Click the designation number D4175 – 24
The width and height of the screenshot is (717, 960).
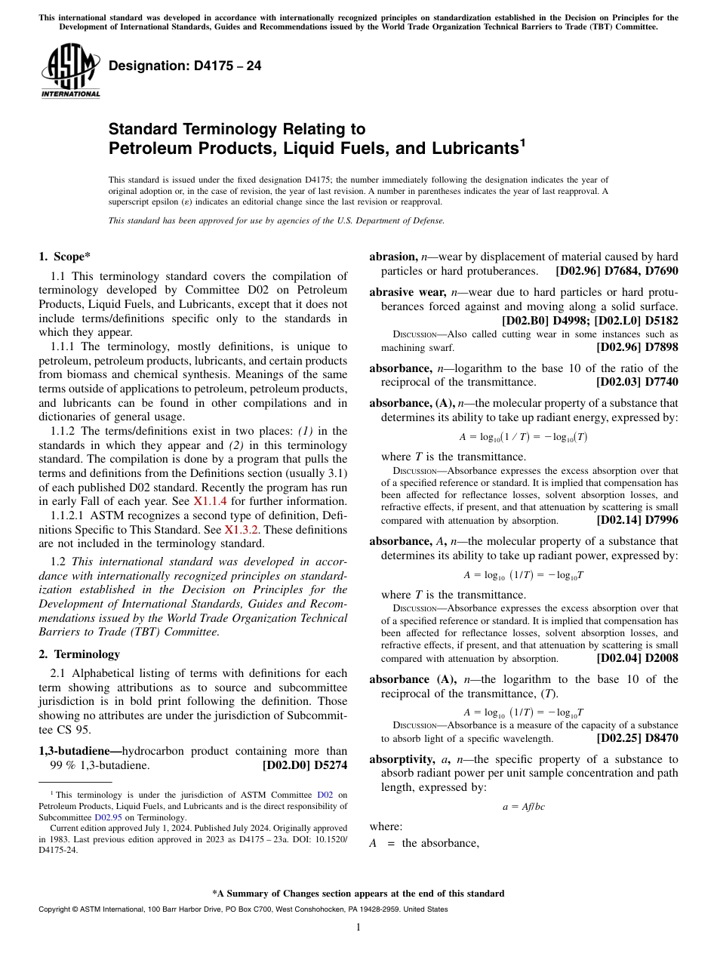coord(185,66)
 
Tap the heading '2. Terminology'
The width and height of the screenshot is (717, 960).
coord(79,654)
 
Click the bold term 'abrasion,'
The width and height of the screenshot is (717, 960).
coord(392,257)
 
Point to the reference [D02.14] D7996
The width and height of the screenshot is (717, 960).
coord(636,520)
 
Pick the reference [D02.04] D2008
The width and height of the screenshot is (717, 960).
coord(636,658)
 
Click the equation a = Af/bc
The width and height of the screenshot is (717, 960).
coord(523,807)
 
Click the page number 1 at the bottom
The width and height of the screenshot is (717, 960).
coord(358,927)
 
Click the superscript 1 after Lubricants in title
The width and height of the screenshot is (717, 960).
coord(522,141)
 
